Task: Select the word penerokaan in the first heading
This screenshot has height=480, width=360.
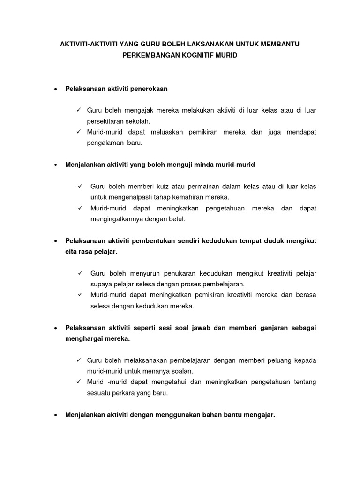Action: point(148,88)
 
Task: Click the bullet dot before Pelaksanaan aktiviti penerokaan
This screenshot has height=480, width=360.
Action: point(56,89)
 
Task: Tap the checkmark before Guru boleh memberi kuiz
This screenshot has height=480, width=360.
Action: point(80,186)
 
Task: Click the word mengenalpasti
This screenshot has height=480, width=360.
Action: point(127,197)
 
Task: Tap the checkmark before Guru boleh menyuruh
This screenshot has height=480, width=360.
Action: point(80,273)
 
